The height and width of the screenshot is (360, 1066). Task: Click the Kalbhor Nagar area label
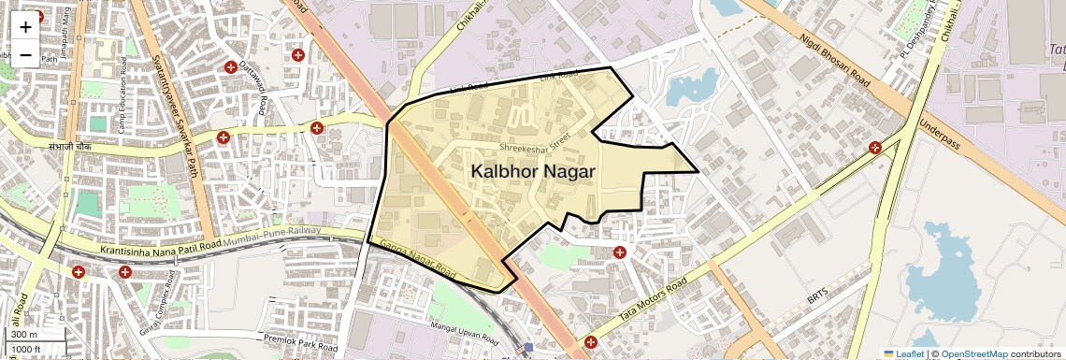[x=533, y=172]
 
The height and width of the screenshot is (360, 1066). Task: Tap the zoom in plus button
[x=25, y=27]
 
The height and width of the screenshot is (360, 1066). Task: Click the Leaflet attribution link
[x=904, y=353]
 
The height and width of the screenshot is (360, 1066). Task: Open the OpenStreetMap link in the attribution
[x=973, y=353]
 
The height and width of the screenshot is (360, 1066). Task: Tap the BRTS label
[x=818, y=300]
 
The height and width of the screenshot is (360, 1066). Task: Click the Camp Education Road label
[x=121, y=102]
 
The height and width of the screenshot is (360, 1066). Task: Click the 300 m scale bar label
[x=24, y=335]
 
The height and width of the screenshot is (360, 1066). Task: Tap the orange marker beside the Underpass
[x=875, y=147]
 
